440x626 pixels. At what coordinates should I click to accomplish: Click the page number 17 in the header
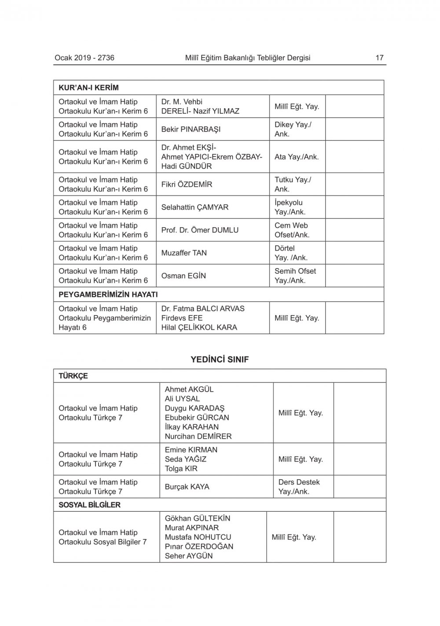[x=379, y=58]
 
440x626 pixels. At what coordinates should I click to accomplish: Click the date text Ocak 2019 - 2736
[x=84, y=58]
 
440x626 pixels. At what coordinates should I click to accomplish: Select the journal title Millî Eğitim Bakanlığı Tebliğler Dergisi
[x=248, y=58]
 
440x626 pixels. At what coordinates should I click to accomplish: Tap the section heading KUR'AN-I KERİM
[x=88, y=87]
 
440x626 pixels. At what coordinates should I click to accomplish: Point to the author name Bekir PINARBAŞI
[x=191, y=129]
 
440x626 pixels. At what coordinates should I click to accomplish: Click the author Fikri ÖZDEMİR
[x=187, y=184]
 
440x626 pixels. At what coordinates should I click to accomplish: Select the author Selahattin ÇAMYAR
[x=194, y=207]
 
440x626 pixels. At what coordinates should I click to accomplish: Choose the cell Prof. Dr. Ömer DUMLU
[x=200, y=230]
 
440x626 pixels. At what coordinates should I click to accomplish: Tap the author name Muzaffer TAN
[x=184, y=253]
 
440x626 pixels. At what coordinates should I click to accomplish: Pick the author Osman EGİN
[x=183, y=276]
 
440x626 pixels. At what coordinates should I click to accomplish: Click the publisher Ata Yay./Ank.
[x=297, y=156]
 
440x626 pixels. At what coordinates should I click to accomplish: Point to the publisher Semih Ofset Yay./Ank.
[x=295, y=276]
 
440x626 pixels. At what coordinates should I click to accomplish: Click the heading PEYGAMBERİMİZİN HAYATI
[x=108, y=294]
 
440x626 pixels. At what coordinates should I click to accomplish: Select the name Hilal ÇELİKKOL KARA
[x=199, y=327]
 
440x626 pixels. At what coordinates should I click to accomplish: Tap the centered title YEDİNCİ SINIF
[x=220, y=359]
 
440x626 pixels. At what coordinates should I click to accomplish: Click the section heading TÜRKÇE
[x=73, y=376]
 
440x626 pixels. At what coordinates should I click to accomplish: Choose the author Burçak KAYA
[x=187, y=487]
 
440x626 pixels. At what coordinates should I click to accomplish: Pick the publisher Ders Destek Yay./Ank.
[x=299, y=487]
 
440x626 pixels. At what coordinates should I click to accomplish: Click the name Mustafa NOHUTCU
[x=198, y=537]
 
